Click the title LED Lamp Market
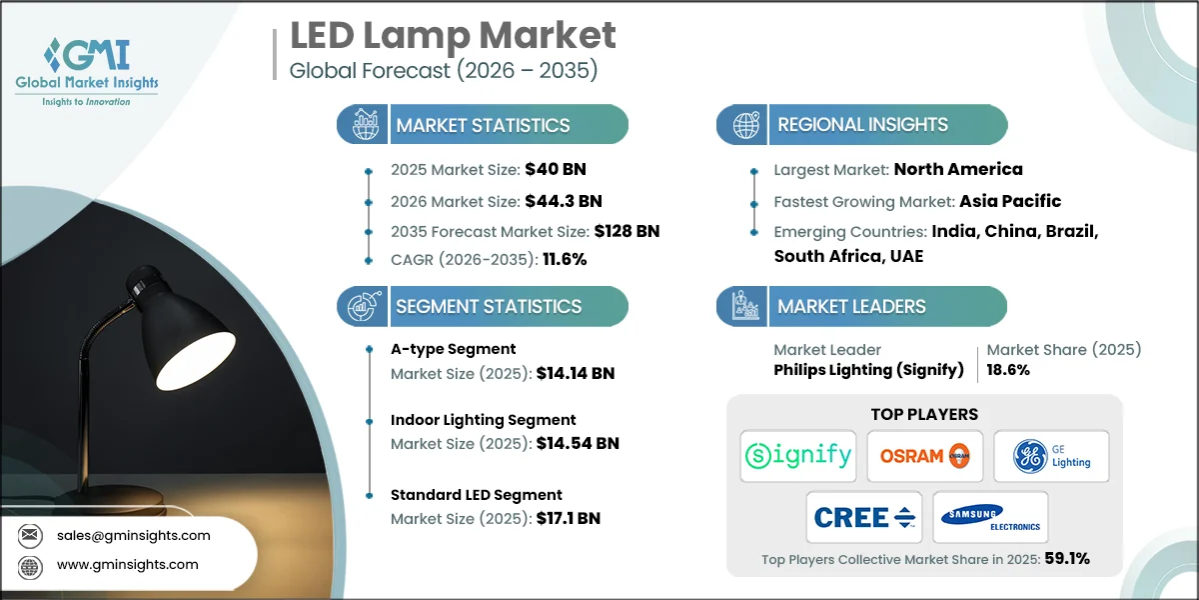[x=453, y=36]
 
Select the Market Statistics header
[x=483, y=125]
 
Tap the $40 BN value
[x=549, y=170]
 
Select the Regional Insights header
[x=862, y=125]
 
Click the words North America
[x=957, y=170]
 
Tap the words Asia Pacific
[x=1010, y=201]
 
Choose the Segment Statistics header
[x=488, y=307]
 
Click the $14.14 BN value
[x=575, y=374]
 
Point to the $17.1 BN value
[x=568, y=518]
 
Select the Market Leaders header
[x=851, y=307]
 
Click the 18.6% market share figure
[x=1008, y=370]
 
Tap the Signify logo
[x=798, y=456]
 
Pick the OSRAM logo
[x=924, y=456]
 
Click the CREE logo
[x=864, y=517]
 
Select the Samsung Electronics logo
[x=990, y=517]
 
